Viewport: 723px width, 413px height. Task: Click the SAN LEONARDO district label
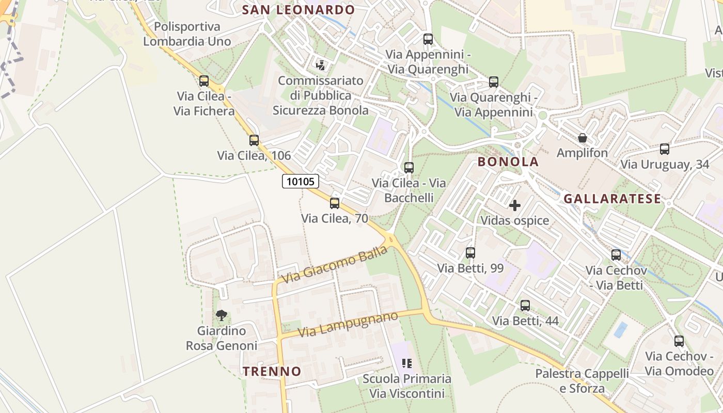[298, 10]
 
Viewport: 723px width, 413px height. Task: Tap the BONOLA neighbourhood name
[508, 162]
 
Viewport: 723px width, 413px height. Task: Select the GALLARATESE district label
[612, 199]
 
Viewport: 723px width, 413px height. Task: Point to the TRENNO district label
[272, 371]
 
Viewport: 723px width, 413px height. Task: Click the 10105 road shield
[301, 181]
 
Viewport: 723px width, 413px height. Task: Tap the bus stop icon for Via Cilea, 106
[254, 140]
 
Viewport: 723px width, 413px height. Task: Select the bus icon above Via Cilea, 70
[335, 203]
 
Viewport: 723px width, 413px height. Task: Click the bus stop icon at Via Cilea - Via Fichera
[204, 81]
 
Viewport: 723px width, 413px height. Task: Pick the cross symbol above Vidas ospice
[515, 205]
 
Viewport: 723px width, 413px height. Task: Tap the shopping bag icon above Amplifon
[583, 138]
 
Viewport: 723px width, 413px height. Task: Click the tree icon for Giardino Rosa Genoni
[222, 315]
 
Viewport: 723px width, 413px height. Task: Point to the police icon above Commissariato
[321, 66]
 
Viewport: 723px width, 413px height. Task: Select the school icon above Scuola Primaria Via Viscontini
[407, 363]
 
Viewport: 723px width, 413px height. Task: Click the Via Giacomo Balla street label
[335, 264]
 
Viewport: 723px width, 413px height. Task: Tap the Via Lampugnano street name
[348, 324]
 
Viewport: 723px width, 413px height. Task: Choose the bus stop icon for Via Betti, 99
[470, 252]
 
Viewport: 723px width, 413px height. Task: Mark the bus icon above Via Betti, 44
[525, 305]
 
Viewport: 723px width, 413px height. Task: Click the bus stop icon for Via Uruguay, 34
[665, 149]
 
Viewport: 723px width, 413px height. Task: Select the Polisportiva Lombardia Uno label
[187, 34]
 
